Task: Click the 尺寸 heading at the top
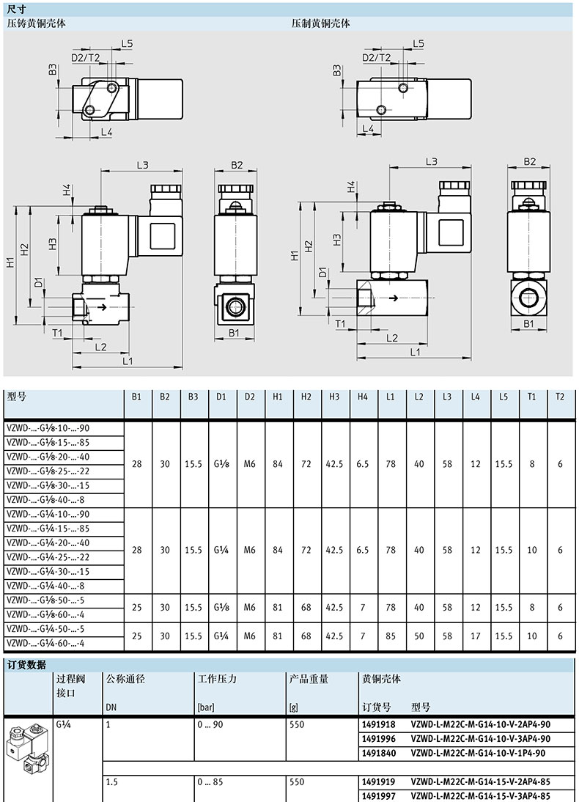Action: pos(17,10)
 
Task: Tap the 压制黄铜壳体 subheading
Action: pos(321,23)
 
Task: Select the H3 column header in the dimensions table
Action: pos(334,397)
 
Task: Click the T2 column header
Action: pos(559,397)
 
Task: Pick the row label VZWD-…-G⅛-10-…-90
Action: pos(48,428)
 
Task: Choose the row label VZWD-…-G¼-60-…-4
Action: pos(45,643)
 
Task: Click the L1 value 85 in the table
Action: pos(391,636)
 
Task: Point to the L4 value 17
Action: pos(475,636)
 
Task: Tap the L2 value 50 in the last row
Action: pos(419,636)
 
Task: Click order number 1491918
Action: pos(378,724)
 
